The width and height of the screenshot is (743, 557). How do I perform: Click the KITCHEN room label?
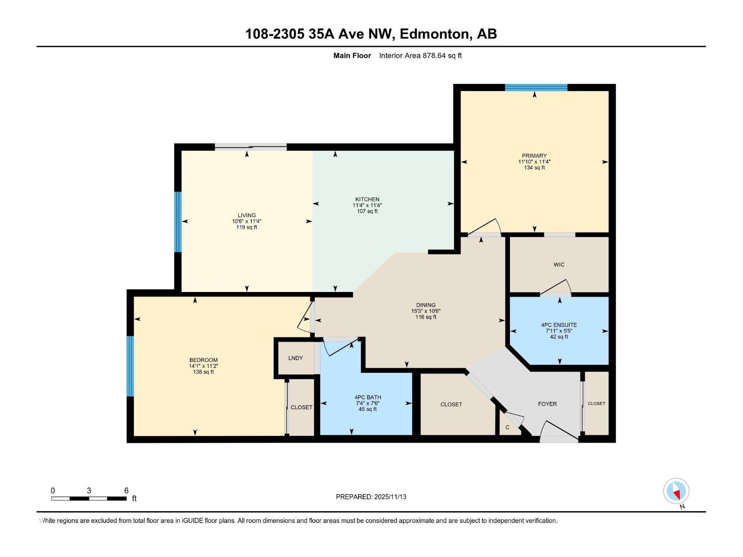click(367, 199)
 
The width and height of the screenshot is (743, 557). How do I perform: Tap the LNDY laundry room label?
click(295, 358)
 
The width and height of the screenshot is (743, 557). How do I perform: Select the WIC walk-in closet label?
click(559, 265)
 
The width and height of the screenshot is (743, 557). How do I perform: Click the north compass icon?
click(676, 491)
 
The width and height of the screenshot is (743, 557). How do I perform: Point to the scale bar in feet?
click(89, 498)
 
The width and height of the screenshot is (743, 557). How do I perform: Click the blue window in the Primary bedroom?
click(536, 87)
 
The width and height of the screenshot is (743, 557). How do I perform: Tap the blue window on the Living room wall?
click(177, 221)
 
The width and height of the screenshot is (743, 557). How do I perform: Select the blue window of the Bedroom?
click(130, 366)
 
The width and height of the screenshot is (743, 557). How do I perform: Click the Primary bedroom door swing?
click(485, 228)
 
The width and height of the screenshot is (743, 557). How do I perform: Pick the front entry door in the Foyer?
click(559, 432)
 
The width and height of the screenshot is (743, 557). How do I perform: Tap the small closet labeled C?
click(507, 427)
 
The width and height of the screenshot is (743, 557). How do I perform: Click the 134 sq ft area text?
click(534, 168)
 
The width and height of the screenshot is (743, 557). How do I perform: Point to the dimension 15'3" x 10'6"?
click(425, 311)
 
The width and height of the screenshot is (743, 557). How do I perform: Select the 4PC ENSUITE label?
click(559, 325)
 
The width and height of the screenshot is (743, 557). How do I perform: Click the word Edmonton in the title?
click(434, 34)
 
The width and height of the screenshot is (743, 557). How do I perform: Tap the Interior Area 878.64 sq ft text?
click(420, 56)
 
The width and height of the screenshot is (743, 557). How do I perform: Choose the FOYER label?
click(547, 404)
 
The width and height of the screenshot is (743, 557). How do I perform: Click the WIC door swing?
click(556, 288)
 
